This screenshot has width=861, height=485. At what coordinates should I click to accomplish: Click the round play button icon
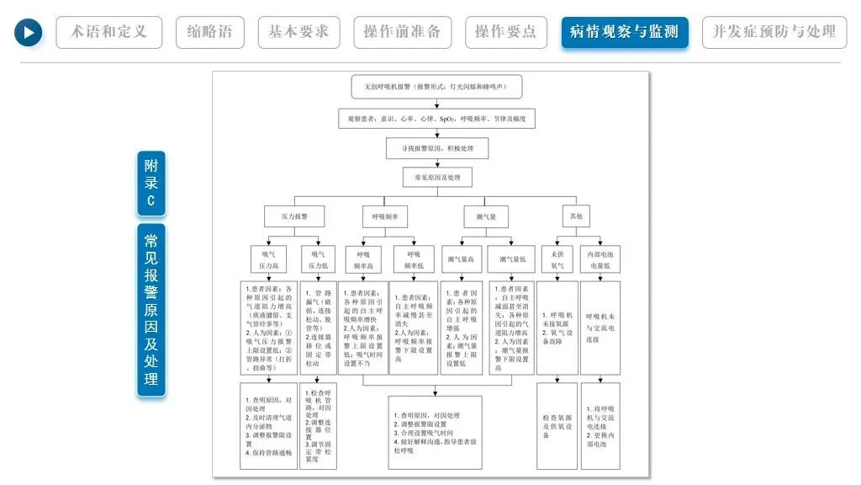(x=28, y=33)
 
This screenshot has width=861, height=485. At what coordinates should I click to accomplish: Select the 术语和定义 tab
(x=109, y=33)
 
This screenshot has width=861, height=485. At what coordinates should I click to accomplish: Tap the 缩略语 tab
(x=210, y=33)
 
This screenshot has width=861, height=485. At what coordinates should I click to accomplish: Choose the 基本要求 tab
(x=299, y=33)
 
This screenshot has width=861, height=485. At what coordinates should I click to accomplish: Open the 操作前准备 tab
(x=402, y=33)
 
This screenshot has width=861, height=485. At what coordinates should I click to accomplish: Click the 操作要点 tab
(x=505, y=33)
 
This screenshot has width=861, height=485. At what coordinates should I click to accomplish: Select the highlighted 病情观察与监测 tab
(x=625, y=33)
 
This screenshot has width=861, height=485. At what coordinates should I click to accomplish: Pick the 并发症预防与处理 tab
(x=774, y=33)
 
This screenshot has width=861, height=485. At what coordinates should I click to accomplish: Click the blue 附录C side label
(x=151, y=183)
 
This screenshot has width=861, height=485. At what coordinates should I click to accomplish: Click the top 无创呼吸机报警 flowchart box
(x=437, y=87)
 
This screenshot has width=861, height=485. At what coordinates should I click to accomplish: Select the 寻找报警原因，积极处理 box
(x=437, y=148)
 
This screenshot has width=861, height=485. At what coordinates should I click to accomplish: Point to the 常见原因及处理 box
(x=437, y=178)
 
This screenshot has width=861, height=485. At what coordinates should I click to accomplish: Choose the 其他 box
(x=576, y=216)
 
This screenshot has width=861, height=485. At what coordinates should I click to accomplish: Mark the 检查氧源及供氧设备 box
(x=557, y=425)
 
